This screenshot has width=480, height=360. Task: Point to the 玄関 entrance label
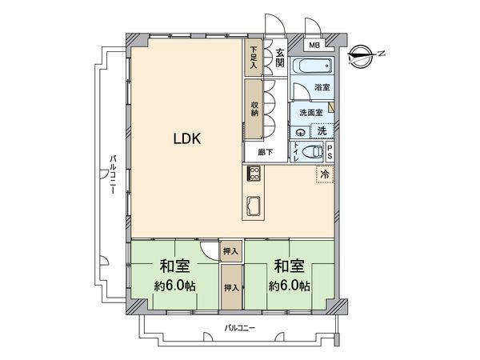pyautogui.click(x=280, y=58)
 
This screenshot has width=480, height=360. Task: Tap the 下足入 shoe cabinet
pyautogui.click(x=254, y=58)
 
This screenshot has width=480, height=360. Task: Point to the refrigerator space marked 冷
pyautogui.click(x=325, y=174)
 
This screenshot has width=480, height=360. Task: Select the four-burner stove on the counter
pyautogui.click(x=254, y=174)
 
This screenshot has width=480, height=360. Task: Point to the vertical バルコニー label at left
pyautogui.click(x=114, y=178)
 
